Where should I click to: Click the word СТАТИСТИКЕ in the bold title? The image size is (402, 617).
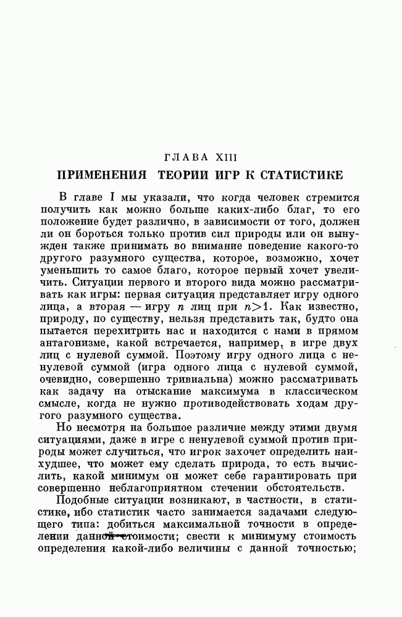point(297,176)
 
